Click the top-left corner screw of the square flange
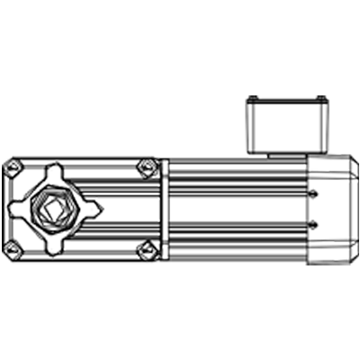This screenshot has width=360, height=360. point(13,166)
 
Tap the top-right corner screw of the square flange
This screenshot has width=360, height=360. point(147,166)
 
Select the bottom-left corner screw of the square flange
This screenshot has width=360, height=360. point(12,248)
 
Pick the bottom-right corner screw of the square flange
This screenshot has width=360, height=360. point(147,248)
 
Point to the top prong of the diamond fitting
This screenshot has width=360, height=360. point(53,170)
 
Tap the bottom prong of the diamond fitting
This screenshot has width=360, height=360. point(53,246)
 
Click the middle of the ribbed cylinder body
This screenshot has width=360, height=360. point(236,210)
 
